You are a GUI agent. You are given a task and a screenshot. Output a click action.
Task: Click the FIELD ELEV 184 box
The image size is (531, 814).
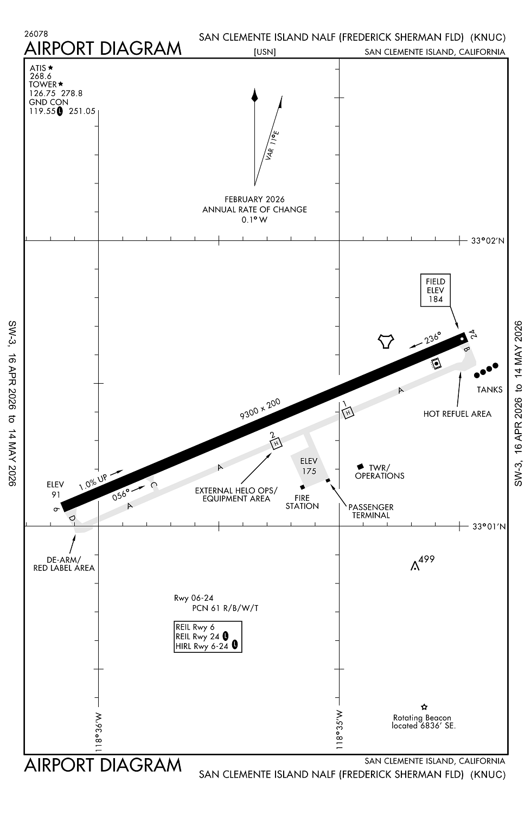[436, 290]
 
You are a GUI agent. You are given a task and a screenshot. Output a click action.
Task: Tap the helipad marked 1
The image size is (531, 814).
[348, 413]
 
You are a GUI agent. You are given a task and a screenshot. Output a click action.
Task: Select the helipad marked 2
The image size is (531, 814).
[277, 443]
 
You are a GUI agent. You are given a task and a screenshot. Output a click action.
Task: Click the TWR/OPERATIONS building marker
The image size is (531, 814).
[360, 467]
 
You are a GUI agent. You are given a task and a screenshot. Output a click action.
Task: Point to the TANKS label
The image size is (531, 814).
[489, 390]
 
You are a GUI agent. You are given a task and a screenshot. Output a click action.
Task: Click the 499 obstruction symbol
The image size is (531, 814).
[415, 567]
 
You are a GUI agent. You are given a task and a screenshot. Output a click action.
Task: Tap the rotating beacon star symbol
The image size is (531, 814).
[424, 707]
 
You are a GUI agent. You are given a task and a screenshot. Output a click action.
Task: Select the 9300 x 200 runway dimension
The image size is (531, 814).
[260, 409]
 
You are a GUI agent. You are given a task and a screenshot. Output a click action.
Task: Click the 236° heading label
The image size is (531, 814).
[433, 338]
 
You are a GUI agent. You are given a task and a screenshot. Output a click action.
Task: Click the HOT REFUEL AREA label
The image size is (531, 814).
[457, 414]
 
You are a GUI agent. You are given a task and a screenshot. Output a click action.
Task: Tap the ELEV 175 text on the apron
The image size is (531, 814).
[309, 466]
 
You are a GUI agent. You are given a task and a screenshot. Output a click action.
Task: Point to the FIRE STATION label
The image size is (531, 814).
[302, 502]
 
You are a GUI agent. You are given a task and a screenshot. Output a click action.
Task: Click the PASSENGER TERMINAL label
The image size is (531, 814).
[372, 511]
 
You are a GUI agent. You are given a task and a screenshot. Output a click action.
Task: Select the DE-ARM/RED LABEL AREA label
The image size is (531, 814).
[64, 564]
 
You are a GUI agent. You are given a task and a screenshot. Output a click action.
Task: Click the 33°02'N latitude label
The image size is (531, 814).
[488, 241]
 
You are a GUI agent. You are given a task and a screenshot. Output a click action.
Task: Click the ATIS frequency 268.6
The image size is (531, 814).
[41, 77]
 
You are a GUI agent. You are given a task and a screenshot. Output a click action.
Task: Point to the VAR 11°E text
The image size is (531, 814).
[272, 145]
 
